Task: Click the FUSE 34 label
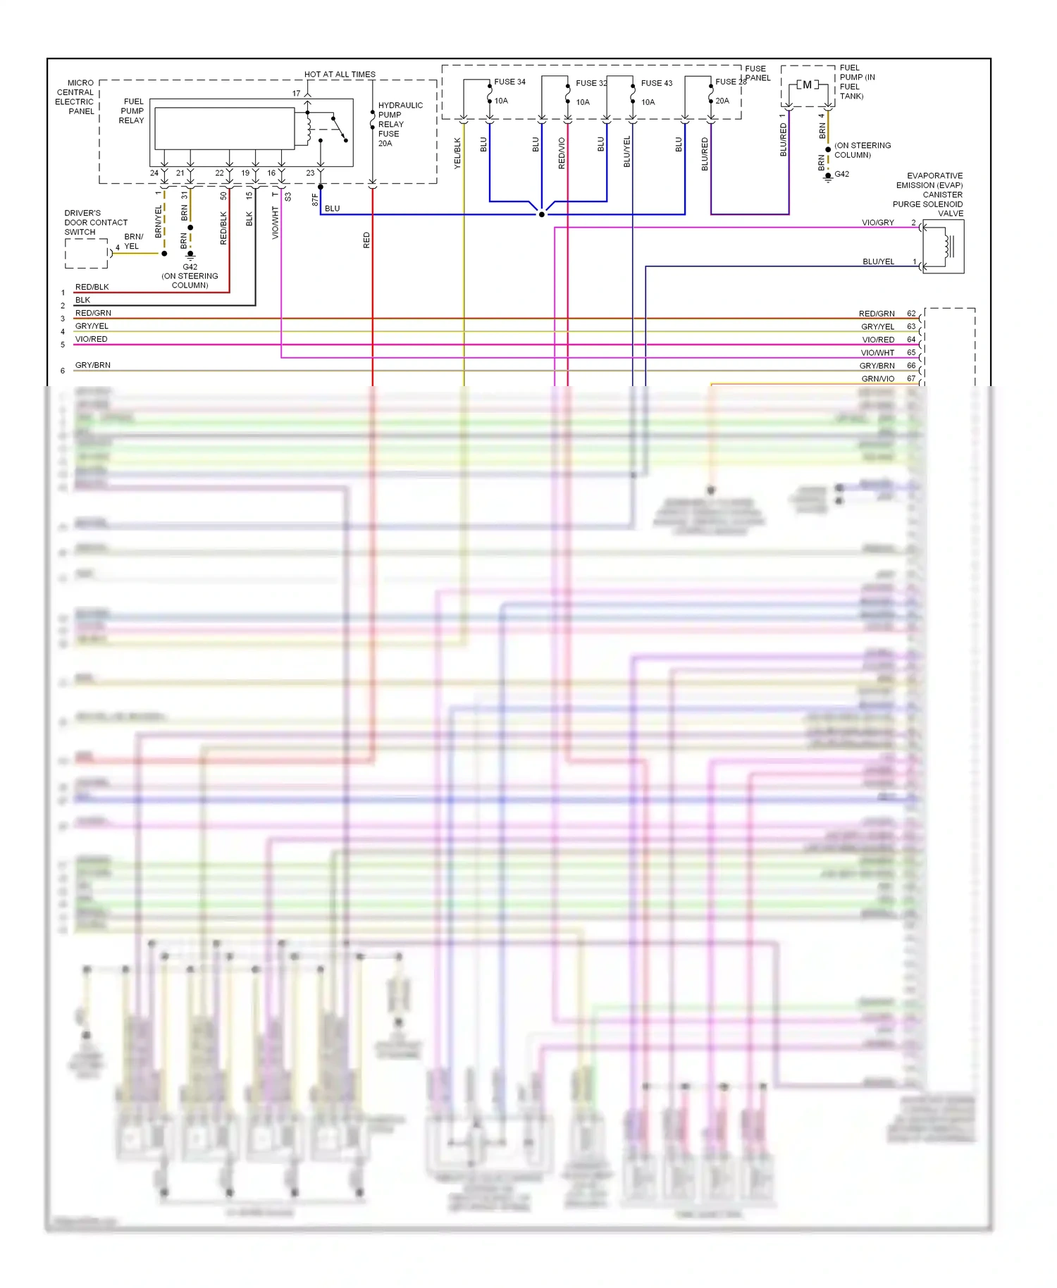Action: coord(509,82)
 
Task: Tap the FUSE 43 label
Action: coord(656,83)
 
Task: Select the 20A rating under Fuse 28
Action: coord(722,101)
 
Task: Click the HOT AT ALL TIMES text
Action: coord(340,74)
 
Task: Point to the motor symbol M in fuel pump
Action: coord(807,85)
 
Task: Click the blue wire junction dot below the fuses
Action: coord(541,214)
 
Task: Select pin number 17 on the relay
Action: coord(296,93)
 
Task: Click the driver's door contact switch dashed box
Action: coord(86,254)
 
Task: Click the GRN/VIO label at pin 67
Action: coord(877,379)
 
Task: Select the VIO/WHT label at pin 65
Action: coord(877,353)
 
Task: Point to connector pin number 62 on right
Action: coord(911,314)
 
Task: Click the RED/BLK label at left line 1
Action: coord(92,287)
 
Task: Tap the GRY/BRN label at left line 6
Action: coord(93,365)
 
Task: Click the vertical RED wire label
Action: coord(366,240)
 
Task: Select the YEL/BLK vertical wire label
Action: coord(457,153)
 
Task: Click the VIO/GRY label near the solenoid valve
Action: coord(877,223)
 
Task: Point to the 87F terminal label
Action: coord(315,200)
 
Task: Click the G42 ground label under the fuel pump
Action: coord(842,174)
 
